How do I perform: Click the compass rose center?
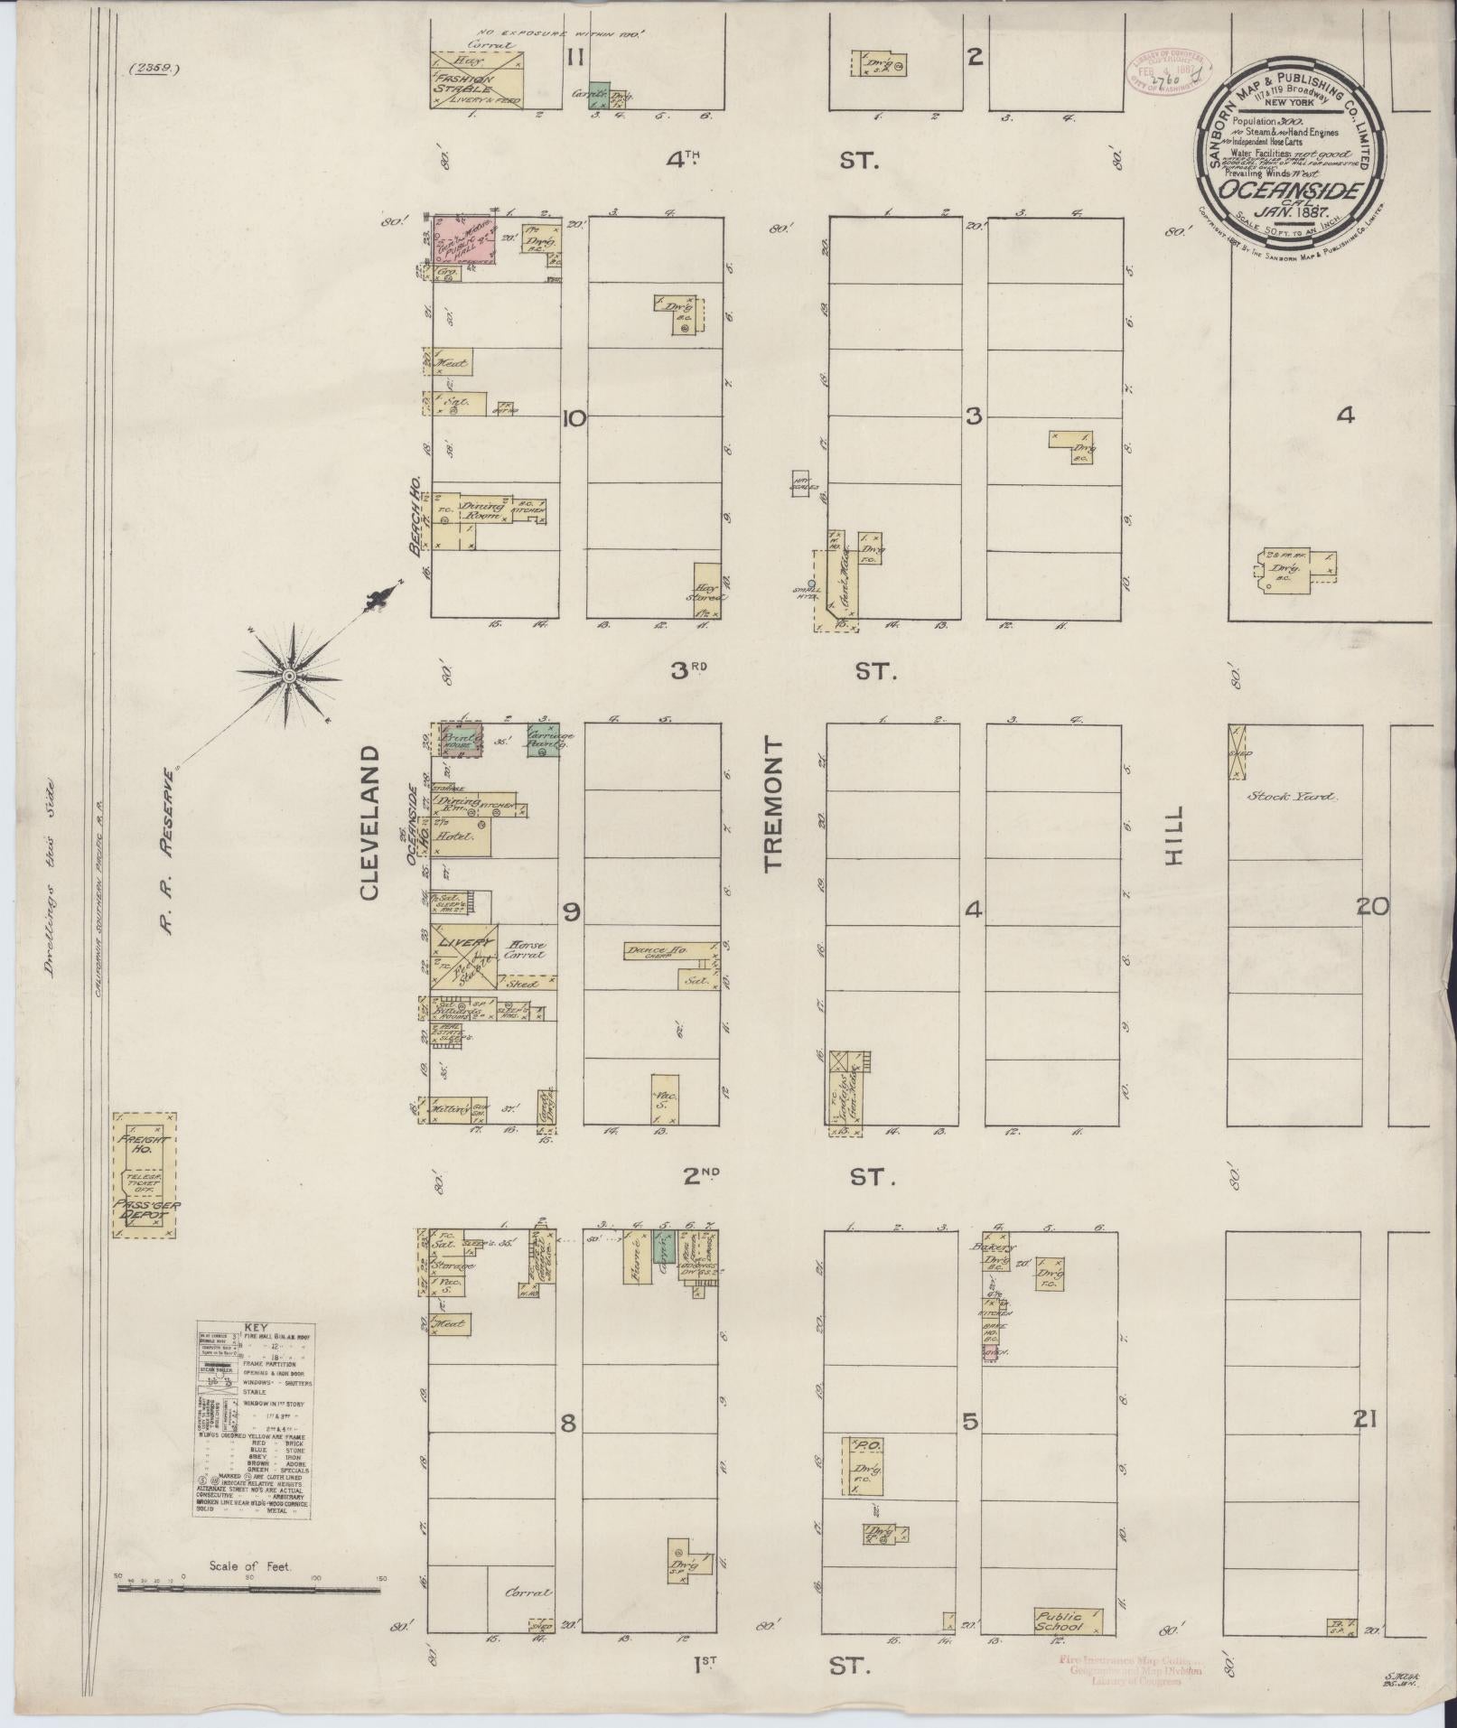point(288,675)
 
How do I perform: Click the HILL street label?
point(1172,837)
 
